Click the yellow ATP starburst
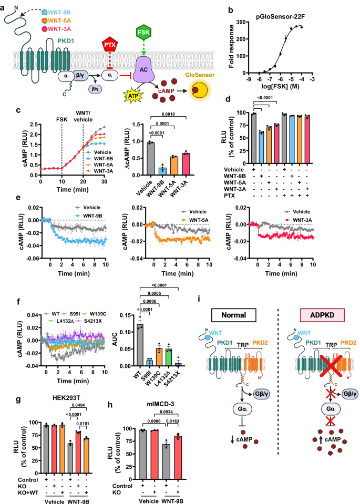pos(134,96)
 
